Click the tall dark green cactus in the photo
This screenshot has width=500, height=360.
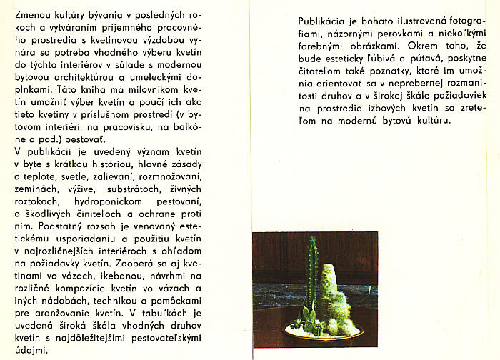311,271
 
